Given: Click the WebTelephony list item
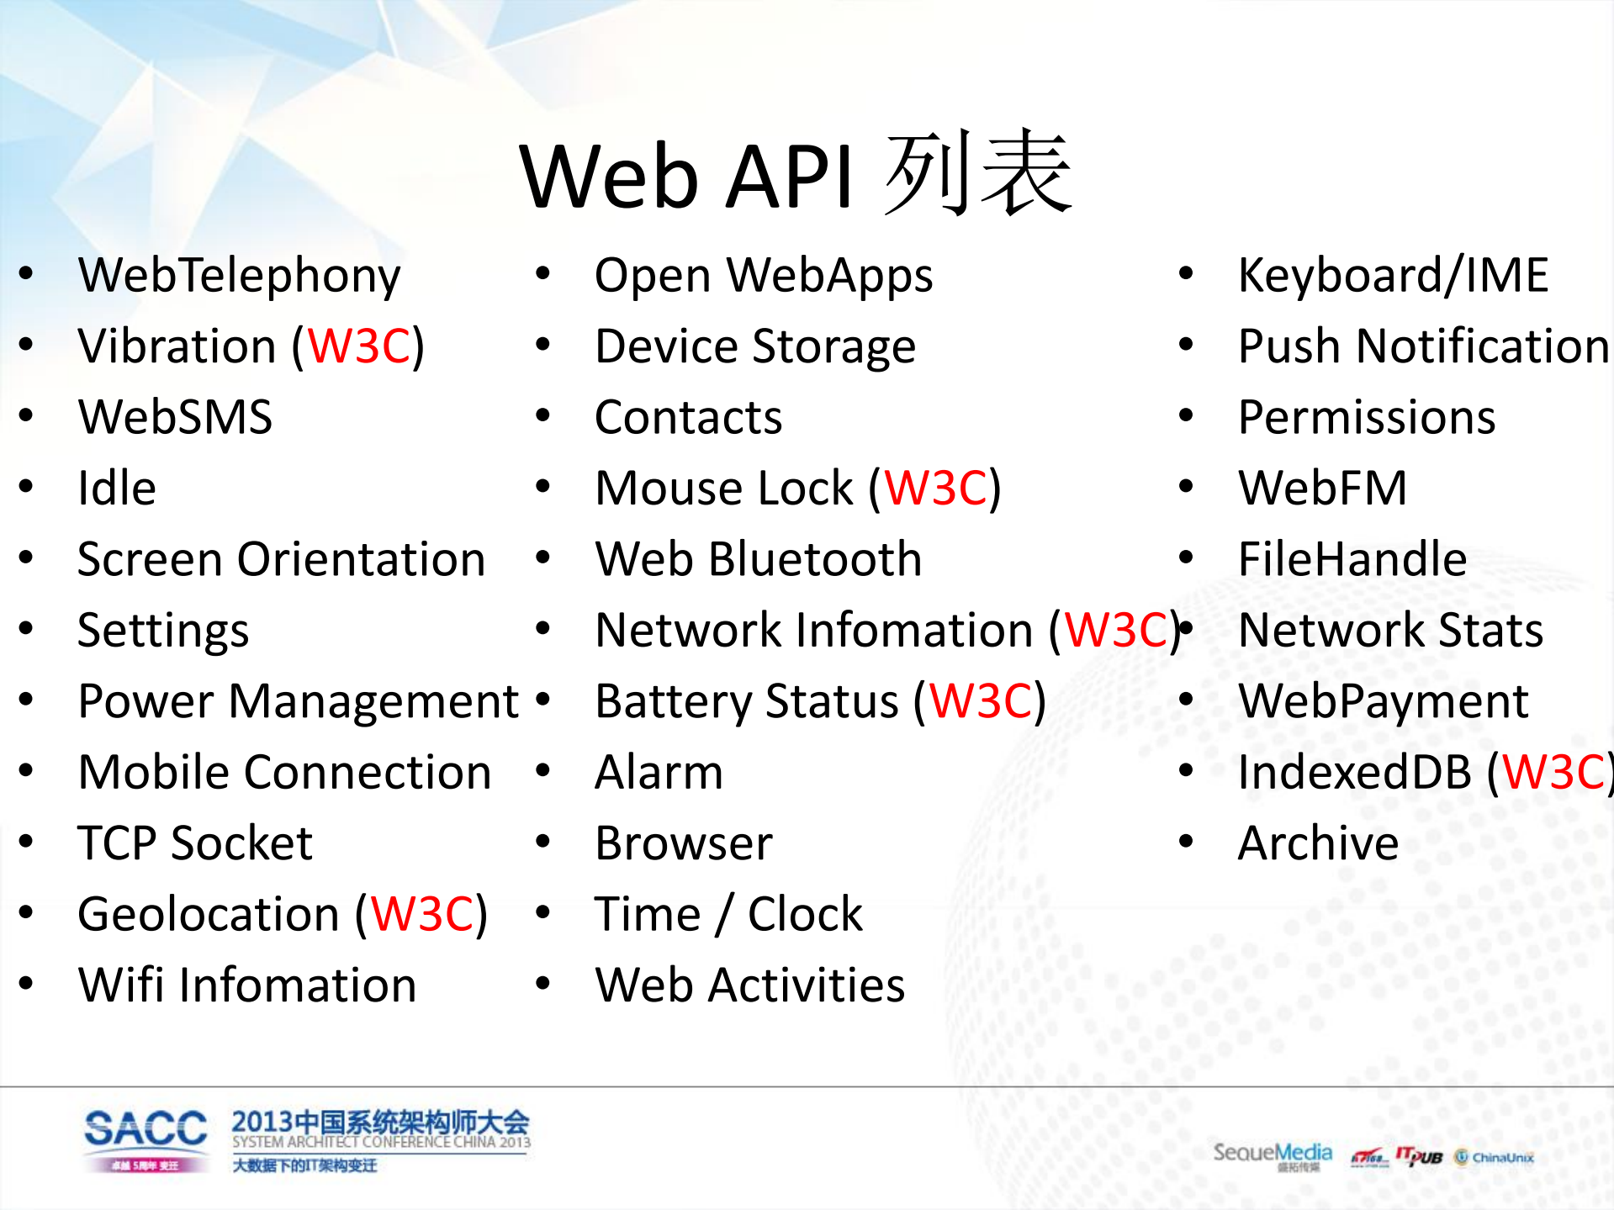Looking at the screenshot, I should (x=239, y=276).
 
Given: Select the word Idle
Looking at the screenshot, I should (x=117, y=489).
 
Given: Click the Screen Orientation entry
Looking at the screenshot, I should (x=281, y=560).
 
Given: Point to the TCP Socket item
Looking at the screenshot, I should (x=194, y=843).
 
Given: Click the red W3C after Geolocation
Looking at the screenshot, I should (x=422, y=915).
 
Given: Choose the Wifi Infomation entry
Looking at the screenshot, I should (x=246, y=985).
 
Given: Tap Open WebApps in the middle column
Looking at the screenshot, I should (x=763, y=276).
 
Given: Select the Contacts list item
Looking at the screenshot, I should (x=688, y=418).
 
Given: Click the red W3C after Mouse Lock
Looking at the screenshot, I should (x=935, y=489).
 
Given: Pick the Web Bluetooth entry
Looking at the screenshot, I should (x=758, y=560).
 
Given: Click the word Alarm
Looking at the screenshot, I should (x=659, y=773).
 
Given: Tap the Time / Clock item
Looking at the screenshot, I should (x=728, y=915).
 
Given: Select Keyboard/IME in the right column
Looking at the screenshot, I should (x=1393, y=276).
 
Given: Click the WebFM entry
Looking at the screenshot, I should (x=1322, y=489).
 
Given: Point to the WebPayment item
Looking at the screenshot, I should (x=1383, y=701).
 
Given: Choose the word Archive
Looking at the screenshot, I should (x=1318, y=843).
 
